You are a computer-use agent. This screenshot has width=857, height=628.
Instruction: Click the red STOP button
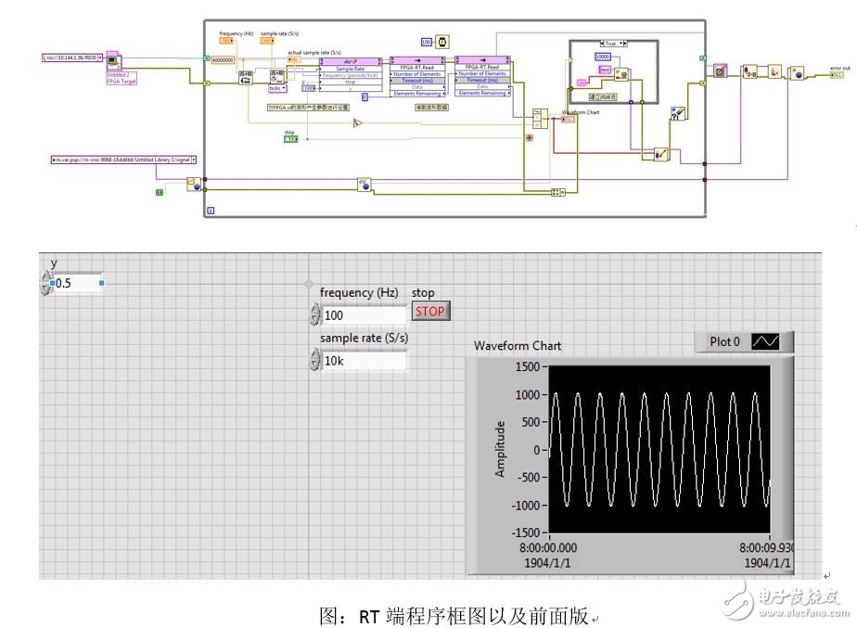(x=429, y=312)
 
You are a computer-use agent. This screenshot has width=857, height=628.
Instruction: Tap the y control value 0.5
(x=74, y=283)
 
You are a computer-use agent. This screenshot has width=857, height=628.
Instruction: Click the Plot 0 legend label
(x=724, y=341)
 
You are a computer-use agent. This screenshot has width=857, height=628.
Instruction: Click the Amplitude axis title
(x=501, y=449)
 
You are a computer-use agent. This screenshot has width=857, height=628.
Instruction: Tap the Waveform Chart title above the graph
(x=518, y=345)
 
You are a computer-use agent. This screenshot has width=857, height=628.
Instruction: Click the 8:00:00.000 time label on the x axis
(x=550, y=548)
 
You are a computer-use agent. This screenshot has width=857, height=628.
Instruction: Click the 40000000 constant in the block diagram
(x=224, y=59)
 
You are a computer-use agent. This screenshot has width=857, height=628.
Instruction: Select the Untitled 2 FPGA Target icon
(x=117, y=66)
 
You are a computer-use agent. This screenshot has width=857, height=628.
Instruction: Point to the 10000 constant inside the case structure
(x=602, y=58)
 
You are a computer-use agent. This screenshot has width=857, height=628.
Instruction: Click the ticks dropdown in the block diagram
(x=276, y=88)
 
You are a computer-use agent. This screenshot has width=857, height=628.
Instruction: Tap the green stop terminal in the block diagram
(x=289, y=140)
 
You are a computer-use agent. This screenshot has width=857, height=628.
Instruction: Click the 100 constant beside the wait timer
(x=427, y=42)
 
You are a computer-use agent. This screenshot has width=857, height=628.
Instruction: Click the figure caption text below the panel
(x=454, y=615)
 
